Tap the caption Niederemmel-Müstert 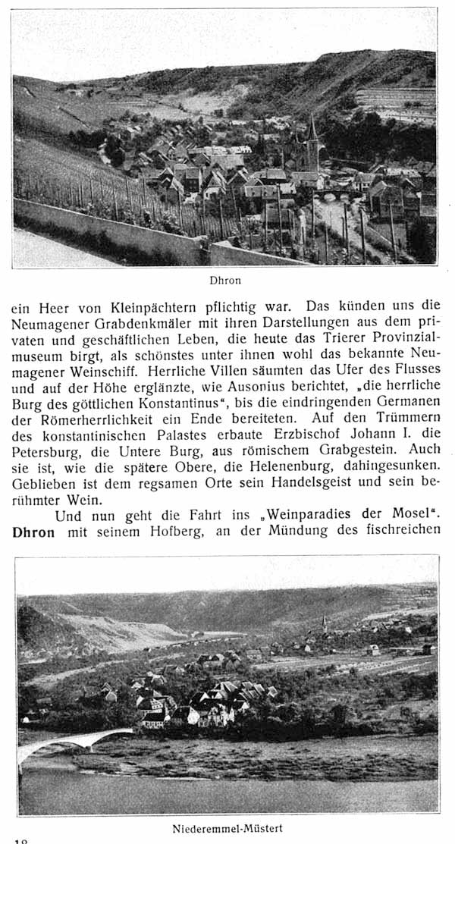tap(227, 828)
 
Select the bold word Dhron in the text tap(33, 532)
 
